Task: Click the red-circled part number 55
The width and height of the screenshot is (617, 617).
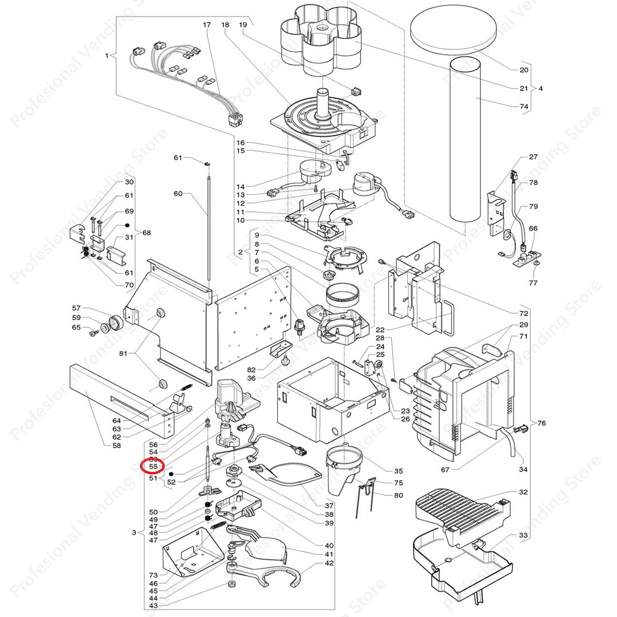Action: click(153, 467)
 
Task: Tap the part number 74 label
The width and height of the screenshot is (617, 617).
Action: click(524, 106)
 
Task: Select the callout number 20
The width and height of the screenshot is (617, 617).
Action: click(524, 70)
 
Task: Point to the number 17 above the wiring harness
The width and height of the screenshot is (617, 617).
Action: click(207, 25)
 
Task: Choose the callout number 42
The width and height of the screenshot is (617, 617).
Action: click(328, 563)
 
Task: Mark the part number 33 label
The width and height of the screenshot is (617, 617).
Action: click(523, 535)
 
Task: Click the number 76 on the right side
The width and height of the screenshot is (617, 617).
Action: click(541, 423)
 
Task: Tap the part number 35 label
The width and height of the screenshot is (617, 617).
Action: click(398, 471)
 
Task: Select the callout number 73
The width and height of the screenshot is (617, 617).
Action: click(153, 575)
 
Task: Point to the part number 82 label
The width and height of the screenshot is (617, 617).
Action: click(251, 370)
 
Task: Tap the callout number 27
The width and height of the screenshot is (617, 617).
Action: click(533, 157)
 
